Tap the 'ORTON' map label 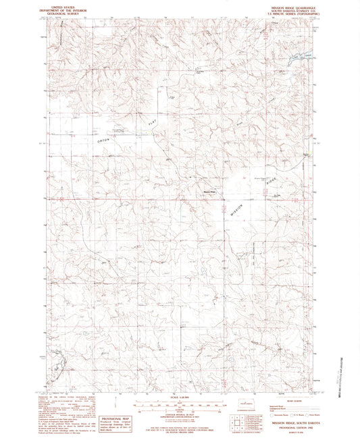tap(103, 139)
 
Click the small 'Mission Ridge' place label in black tap(209, 190)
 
